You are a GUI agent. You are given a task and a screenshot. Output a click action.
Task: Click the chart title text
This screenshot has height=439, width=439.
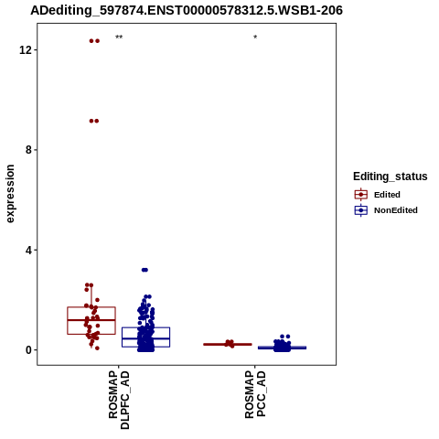click(x=187, y=10)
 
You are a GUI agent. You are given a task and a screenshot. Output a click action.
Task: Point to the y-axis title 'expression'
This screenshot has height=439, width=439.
click(x=10, y=194)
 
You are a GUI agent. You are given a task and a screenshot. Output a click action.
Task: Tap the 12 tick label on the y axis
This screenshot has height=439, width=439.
click(x=26, y=49)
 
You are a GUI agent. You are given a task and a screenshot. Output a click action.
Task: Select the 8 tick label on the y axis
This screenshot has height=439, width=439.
click(x=29, y=150)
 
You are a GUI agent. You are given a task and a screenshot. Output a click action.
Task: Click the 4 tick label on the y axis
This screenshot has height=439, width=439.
click(x=29, y=250)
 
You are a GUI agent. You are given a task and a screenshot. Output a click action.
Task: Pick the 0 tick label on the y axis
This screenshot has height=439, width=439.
click(x=29, y=350)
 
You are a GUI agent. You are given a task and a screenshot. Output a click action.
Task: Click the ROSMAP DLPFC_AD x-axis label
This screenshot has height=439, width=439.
click(x=119, y=400)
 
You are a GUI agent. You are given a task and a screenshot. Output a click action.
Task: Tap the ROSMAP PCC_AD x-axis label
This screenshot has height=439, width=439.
click(x=255, y=394)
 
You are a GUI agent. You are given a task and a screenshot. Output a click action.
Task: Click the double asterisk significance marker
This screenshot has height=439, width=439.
click(x=119, y=37)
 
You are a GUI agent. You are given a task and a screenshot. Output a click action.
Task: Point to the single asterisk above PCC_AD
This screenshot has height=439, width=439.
click(x=255, y=37)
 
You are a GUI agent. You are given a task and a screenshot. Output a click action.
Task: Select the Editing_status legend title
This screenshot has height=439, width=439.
click(x=391, y=177)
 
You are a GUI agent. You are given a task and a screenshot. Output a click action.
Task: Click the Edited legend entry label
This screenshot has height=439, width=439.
click(x=387, y=195)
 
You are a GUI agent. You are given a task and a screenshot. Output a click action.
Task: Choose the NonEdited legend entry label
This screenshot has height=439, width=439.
click(x=396, y=210)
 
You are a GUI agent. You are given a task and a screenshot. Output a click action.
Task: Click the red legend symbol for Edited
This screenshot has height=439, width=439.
click(x=361, y=195)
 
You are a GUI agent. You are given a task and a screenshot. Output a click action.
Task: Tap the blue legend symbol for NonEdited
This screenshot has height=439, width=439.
click(x=361, y=210)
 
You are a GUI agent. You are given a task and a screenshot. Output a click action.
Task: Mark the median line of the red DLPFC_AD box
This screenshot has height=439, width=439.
click(x=91, y=320)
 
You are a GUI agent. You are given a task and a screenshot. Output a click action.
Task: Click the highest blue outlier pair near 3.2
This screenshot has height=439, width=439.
click(x=145, y=270)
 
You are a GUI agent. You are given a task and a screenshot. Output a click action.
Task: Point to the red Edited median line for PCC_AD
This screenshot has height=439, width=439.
click(x=228, y=344)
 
